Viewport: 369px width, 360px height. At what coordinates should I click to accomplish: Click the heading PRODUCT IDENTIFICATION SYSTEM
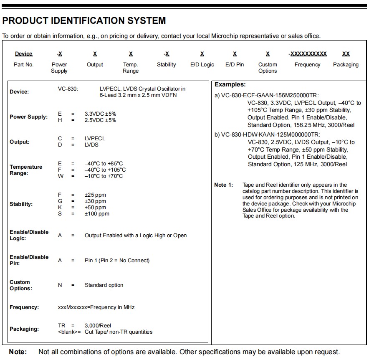[84, 20]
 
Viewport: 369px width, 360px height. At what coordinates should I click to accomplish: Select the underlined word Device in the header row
[24, 54]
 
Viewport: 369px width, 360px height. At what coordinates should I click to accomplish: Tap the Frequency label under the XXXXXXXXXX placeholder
[307, 65]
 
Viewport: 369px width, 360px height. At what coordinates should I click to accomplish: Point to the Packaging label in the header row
[346, 65]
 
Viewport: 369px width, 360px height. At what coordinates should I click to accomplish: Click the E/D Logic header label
[202, 65]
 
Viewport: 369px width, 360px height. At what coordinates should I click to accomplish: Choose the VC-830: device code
[68, 89]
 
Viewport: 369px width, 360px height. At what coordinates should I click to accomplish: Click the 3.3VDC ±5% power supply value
[100, 114]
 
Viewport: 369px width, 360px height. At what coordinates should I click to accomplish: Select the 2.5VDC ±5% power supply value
[100, 120]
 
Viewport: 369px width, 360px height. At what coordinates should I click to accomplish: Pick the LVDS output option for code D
[91, 145]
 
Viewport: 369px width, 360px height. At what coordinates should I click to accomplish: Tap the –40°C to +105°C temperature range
[105, 170]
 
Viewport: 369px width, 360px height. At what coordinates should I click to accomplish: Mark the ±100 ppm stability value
[97, 214]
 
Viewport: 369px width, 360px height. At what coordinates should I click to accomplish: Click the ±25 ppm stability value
[95, 195]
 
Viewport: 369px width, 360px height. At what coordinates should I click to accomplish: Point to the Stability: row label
[21, 204]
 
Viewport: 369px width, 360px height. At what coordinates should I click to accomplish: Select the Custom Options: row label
[20, 285]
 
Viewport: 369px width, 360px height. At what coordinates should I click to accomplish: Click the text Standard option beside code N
[104, 285]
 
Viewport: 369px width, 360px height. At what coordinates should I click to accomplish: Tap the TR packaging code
[61, 325]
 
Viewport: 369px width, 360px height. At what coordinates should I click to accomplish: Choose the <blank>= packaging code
[69, 332]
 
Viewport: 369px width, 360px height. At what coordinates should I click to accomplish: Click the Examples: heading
[230, 85]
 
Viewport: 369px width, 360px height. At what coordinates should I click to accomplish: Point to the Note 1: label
[223, 185]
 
